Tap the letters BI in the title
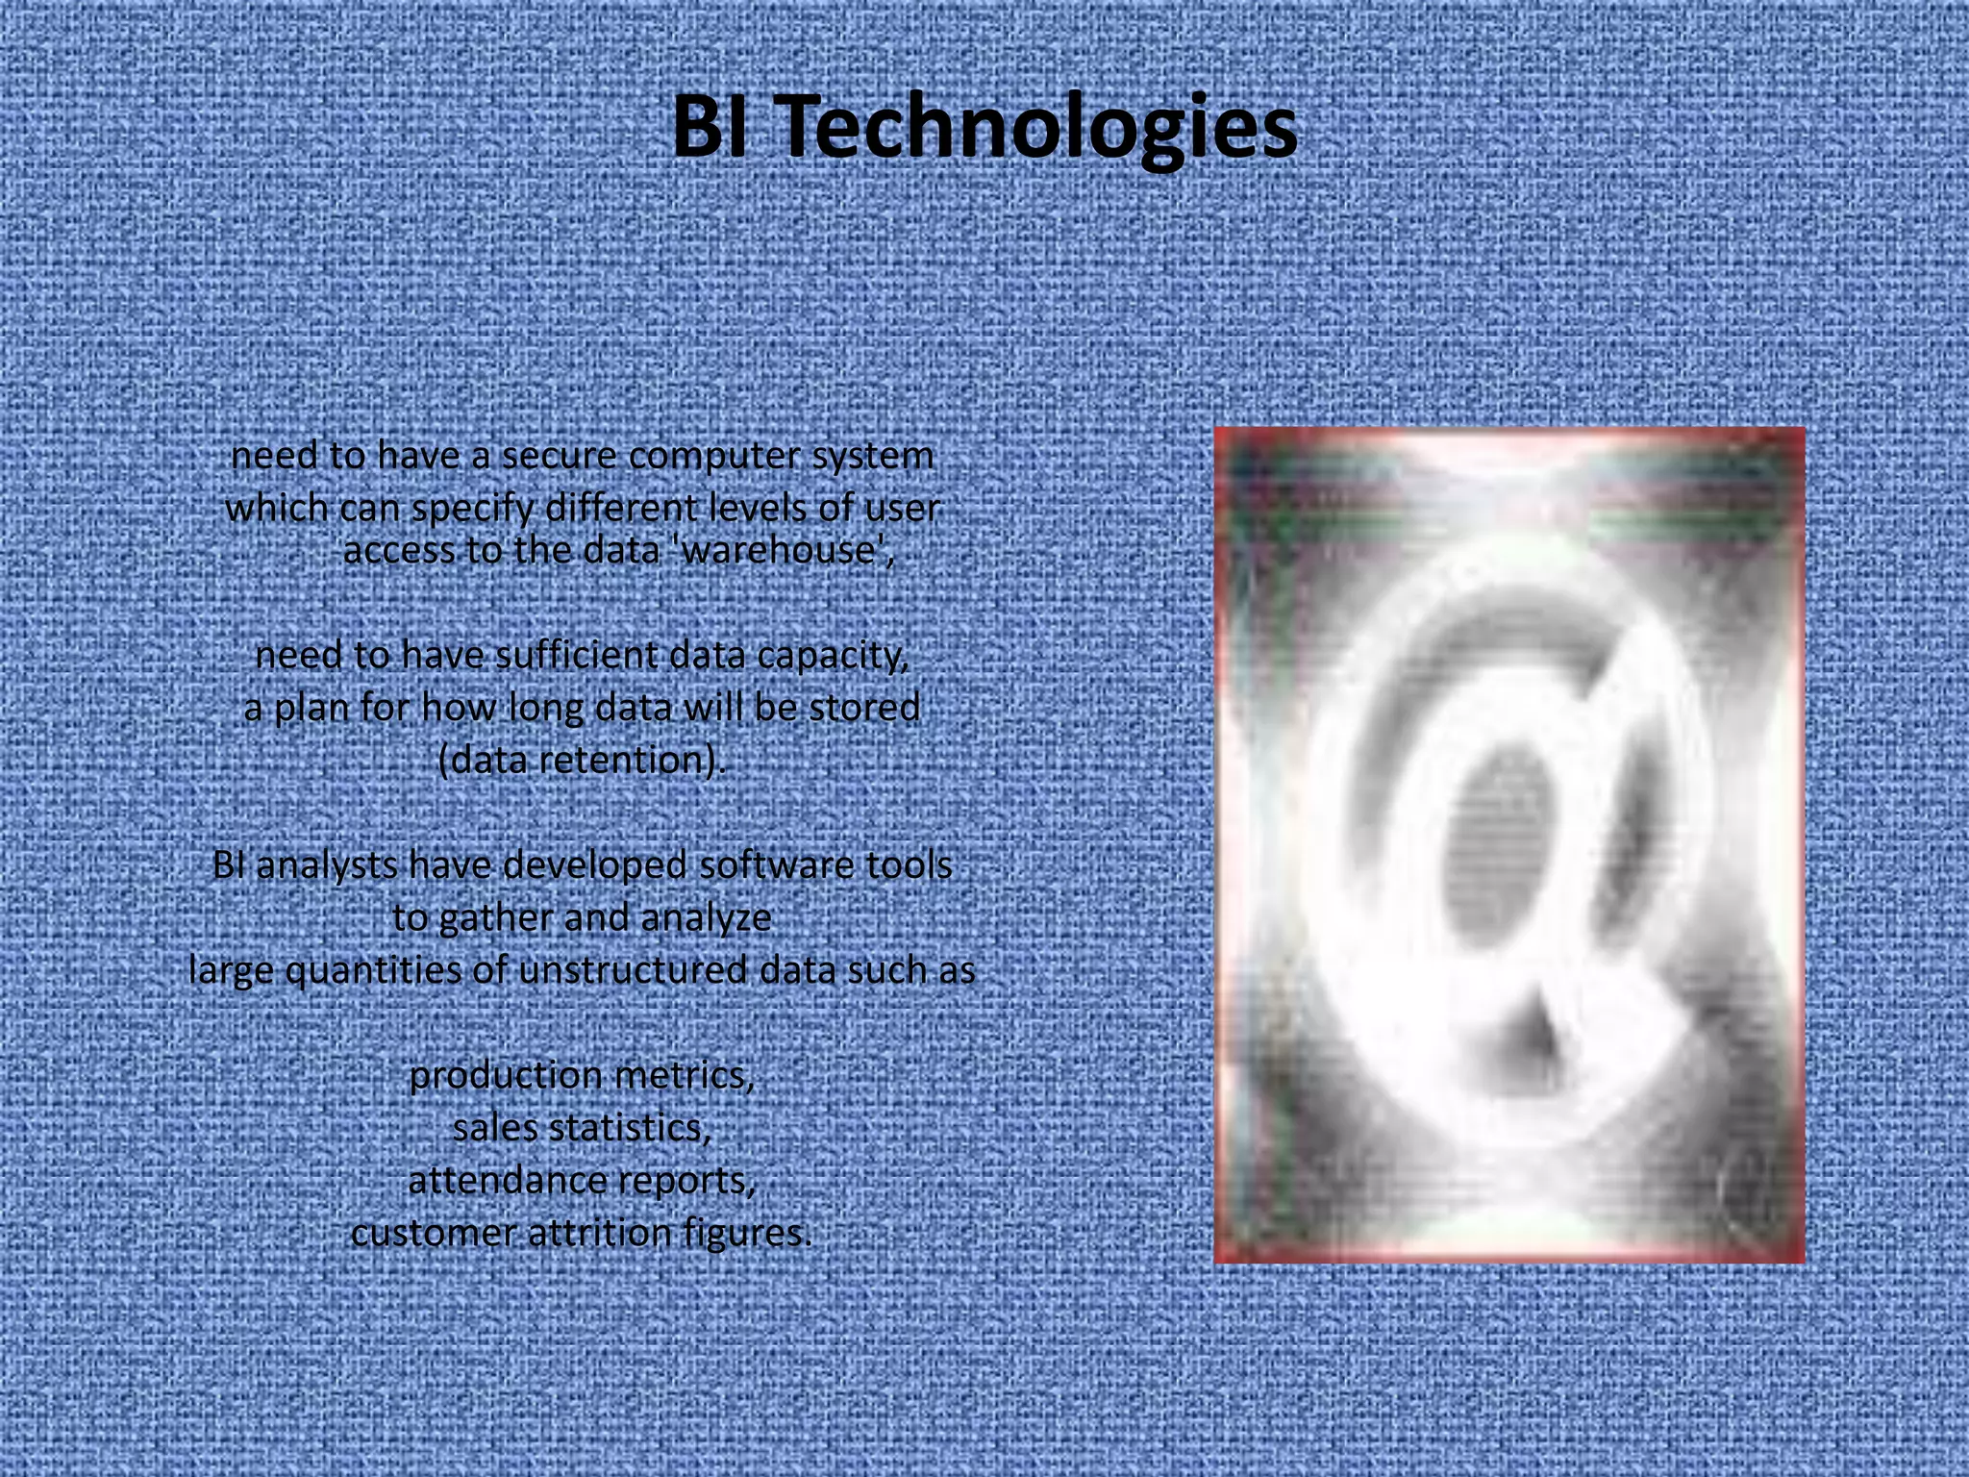[x=710, y=128]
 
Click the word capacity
[x=833, y=656]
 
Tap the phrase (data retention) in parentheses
[x=581, y=761]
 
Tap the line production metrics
[x=582, y=1075]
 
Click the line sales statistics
[x=582, y=1128]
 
